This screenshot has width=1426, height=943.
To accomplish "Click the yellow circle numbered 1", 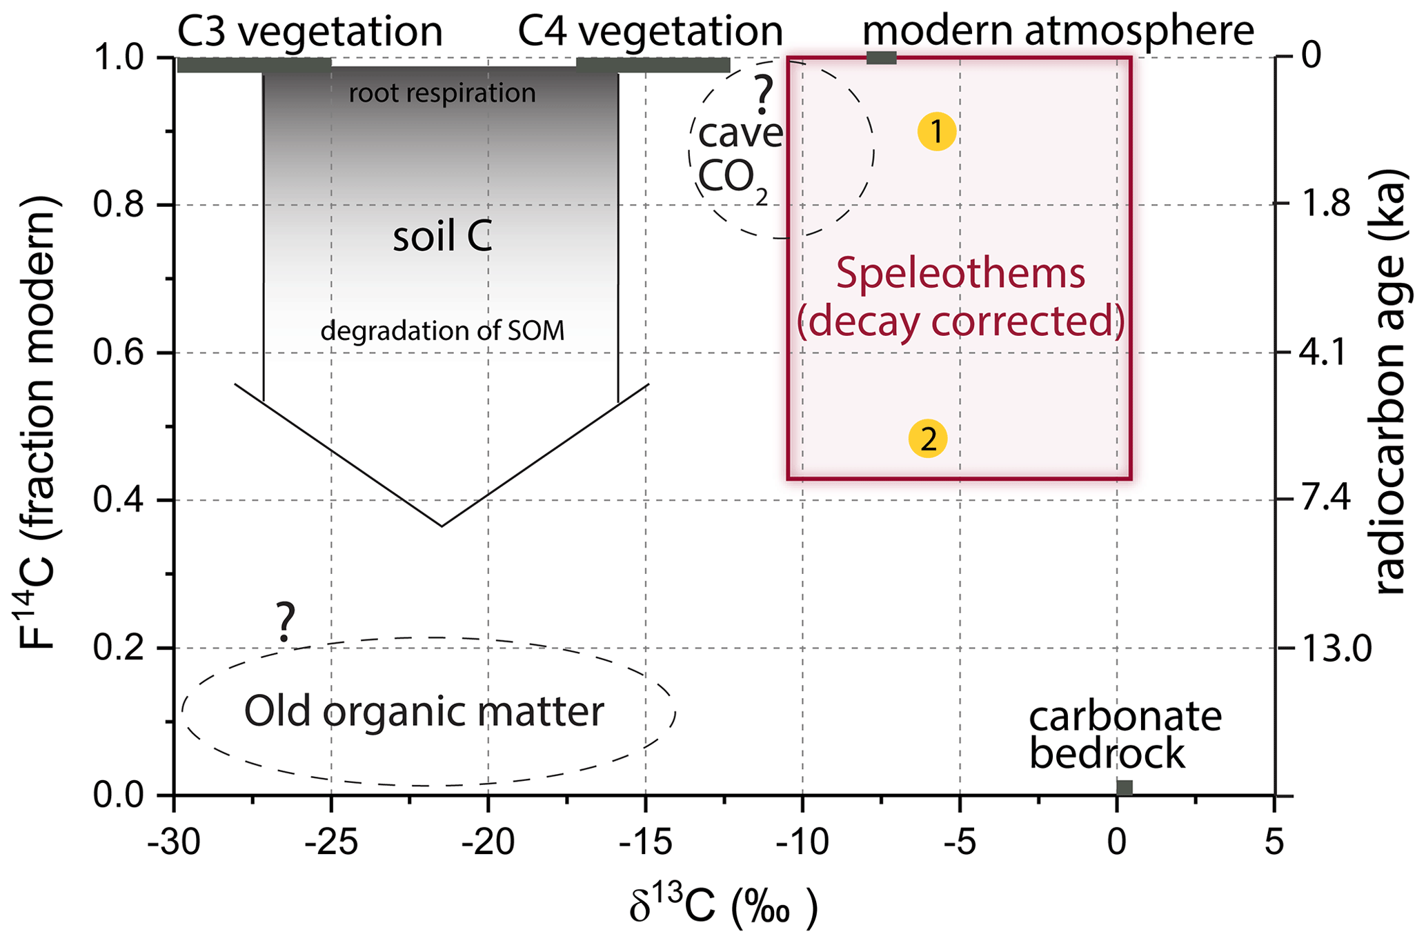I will click(x=936, y=132).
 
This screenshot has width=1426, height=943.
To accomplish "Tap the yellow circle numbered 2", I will click(x=928, y=439).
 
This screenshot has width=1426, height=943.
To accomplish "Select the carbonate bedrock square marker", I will click(x=1125, y=787).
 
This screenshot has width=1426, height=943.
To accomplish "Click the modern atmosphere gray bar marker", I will click(x=881, y=58).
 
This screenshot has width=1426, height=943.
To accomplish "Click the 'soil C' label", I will click(x=442, y=238).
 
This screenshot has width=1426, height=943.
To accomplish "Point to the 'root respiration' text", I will click(x=442, y=93).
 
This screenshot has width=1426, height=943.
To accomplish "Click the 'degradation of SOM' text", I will click(x=442, y=332).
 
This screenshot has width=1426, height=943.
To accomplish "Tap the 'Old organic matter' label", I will click(x=424, y=712).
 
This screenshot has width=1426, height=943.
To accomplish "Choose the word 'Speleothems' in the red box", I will click(x=960, y=273).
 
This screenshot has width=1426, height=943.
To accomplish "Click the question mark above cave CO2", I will click(x=762, y=97).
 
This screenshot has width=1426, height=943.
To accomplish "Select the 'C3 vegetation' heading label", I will click(x=310, y=31).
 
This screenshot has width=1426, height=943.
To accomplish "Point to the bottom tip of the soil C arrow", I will click(x=442, y=526).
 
